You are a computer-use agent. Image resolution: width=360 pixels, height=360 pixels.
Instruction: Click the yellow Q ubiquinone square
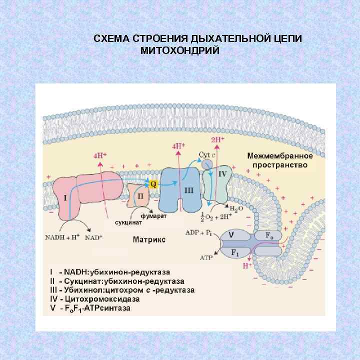tap(154, 184)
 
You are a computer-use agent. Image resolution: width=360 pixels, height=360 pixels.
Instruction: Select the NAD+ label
tap(93, 237)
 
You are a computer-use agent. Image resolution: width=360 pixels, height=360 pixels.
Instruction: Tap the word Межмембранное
tap(280, 156)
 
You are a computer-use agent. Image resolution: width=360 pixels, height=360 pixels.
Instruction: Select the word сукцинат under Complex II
tap(127, 221)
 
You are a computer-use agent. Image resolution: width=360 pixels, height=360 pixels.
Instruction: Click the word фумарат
tap(153, 216)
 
